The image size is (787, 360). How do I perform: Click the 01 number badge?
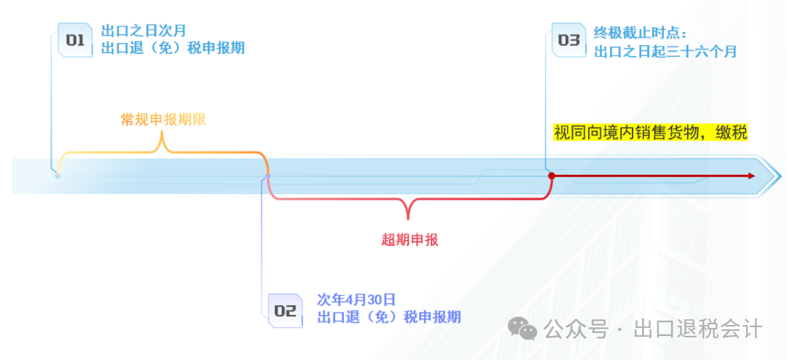[x=75, y=40]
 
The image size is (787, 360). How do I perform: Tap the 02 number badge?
[x=285, y=311]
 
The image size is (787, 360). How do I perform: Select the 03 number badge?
[x=568, y=40]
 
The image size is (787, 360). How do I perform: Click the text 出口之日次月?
[x=144, y=31]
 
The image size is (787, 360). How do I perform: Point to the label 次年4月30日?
[x=356, y=300]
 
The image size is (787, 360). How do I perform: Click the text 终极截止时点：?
[x=641, y=33]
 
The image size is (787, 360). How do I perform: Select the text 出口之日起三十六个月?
[x=665, y=51]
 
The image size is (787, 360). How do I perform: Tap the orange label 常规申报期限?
[x=163, y=120]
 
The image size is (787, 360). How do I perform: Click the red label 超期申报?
[x=410, y=239]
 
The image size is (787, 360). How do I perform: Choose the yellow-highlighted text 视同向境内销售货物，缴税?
[x=650, y=133]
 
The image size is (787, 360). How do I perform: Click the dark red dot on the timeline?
[x=552, y=176]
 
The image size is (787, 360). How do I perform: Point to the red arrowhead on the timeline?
[x=750, y=176]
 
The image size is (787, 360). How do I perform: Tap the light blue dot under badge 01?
[x=58, y=176]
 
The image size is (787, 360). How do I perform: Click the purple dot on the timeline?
[x=267, y=176]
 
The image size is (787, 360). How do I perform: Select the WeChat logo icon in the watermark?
[x=522, y=329]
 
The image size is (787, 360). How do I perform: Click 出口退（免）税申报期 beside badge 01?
[x=172, y=49]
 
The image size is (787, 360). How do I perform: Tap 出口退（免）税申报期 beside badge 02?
[x=388, y=317]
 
